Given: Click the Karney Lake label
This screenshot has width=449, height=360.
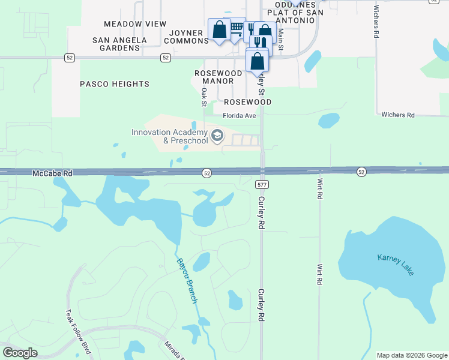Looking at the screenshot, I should tap(396, 265).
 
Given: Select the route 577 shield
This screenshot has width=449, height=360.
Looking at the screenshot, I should tap(261, 184).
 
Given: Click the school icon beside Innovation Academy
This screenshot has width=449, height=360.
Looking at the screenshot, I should tap(217, 136).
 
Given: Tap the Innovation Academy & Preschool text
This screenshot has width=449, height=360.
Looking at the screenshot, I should tap(170, 136).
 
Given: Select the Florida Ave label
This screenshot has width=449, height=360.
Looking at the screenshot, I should tap(240, 115).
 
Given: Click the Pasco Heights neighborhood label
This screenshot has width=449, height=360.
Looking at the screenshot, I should tap(115, 84).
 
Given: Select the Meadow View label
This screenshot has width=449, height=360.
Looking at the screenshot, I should tap(135, 24).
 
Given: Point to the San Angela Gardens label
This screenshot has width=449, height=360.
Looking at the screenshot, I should tap(119, 44).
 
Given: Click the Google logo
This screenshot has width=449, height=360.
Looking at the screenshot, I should tap(20, 352).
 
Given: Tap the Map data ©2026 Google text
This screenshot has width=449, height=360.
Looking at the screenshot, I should tap(412, 355).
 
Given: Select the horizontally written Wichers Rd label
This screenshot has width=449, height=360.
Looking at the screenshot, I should tap(398, 115).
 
